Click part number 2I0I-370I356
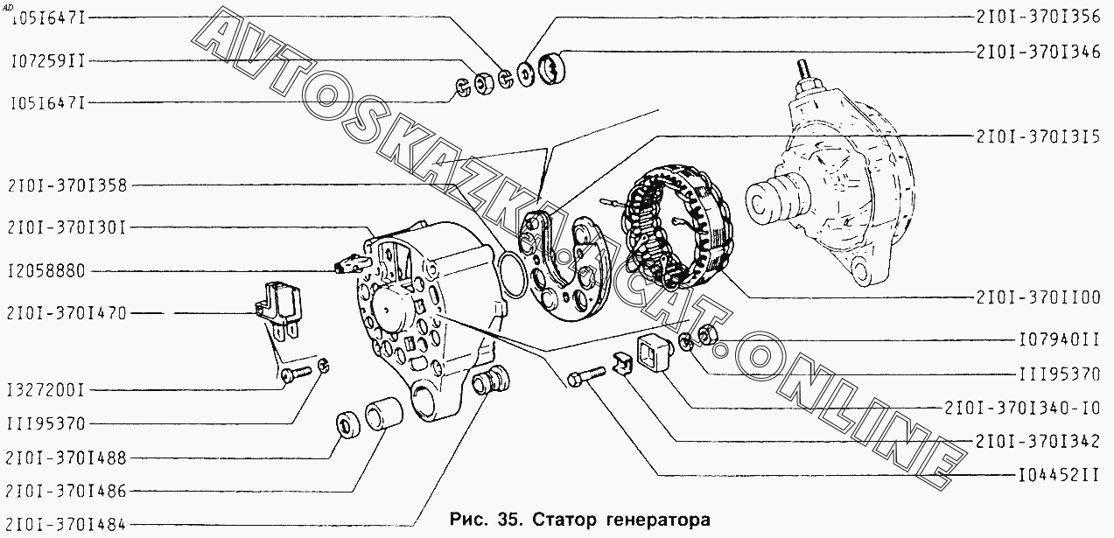click(x=1039, y=17)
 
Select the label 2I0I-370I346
click(x=1039, y=52)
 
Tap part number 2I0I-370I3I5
click(x=1039, y=136)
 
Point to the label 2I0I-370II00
click(x=1039, y=297)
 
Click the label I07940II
click(x=1059, y=340)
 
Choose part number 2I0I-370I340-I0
click(x=1022, y=409)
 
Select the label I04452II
click(x=1059, y=476)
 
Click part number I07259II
click(x=48, y=61)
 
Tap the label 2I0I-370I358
click(x=67, y=186)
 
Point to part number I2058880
click(x=46, y=271)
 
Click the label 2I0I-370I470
click(x=67, y=314)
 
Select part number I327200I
click(x=46, y=390)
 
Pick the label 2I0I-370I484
click(x=67, y=525)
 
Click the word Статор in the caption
click(x=564, y=521)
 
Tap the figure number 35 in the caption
click(x=508, y=520)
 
